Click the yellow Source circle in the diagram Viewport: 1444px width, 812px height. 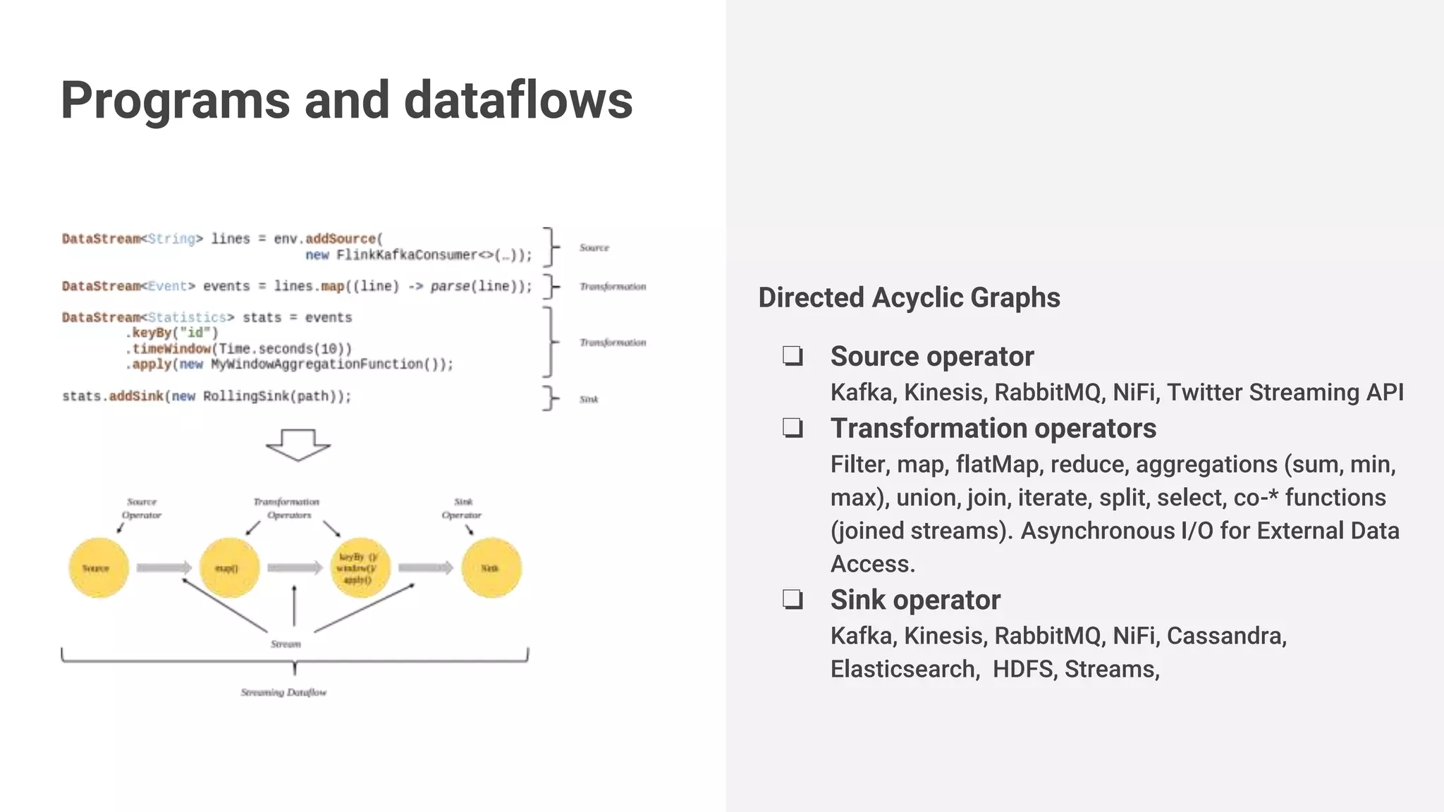tap(99, 568)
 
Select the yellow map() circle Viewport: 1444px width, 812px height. tap(229, 568)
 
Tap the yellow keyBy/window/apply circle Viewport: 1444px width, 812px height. tap(360, 568)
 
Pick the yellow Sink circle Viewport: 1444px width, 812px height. tap(491, 568)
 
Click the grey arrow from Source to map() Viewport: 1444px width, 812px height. tap(164, 568)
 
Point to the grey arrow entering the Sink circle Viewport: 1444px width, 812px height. tap(426, 568)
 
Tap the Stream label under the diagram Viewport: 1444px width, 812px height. tap(286, 644)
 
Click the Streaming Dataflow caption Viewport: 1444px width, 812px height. tap(283, 693)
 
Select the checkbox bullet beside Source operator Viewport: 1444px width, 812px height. tap(793, 356)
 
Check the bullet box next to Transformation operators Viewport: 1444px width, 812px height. tap(793, 428)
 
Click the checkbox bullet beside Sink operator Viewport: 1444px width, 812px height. tap(793, 600)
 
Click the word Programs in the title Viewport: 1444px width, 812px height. tap(175, 100)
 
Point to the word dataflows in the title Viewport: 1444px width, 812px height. tap(518, 100)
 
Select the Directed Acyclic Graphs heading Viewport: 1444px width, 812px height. tap(909, 297)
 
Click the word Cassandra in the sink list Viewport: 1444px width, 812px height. tap(1226, 636)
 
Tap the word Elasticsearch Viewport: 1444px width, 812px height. tap(905, 669)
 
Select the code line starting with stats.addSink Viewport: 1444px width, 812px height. tap(207, 396)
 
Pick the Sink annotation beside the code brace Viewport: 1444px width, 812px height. tap(589, 400)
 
